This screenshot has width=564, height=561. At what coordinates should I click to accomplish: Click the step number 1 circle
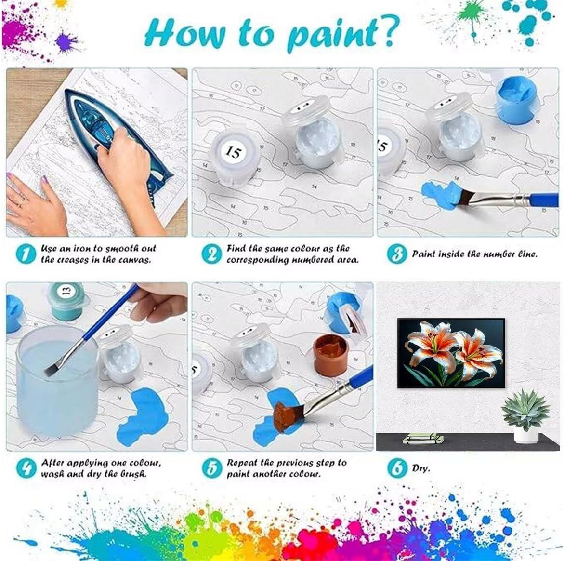[x=26, y=254]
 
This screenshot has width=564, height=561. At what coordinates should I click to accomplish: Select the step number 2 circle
[x=211, y=254]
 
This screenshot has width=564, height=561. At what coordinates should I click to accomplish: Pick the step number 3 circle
[x=397, y=254]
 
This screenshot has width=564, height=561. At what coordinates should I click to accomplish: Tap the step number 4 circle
[x=26, y=468]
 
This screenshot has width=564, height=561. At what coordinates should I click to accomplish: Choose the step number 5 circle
[x=211, y=468]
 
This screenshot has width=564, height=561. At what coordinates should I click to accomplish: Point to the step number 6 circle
[x=397, y=468]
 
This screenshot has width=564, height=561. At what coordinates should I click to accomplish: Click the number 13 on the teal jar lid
[x=66, y=290]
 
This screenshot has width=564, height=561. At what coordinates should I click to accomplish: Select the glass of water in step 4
[x=57, y=381]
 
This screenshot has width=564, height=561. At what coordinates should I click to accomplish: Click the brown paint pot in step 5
[x=330, y=354]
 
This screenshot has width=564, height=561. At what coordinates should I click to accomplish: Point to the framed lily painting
[x=451, y=353]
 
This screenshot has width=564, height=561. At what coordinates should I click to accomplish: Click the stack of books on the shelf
[x=423, y=438]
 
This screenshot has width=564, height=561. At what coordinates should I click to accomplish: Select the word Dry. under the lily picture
[x=421, y=468]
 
